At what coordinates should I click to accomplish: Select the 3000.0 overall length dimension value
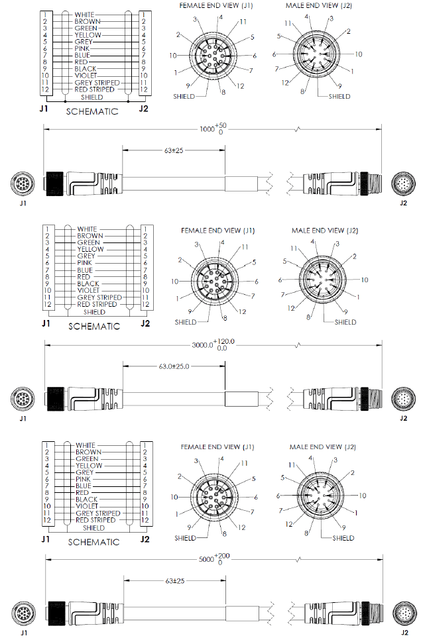pyautogui.click(x=202, y=345)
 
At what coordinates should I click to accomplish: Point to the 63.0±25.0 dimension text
pyautogui.click(x=170, y=366)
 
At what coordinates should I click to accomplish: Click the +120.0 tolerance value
pyautogui.click(x=226, y=341)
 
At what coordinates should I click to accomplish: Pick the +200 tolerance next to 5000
pyautogui.click(x=222, y=555)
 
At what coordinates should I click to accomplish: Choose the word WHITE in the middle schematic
pyautogui.click(x=86, y=229)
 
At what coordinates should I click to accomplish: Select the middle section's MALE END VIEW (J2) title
pyautogui.click(x=325, y=231)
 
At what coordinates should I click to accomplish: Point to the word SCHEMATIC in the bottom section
pyautogui.click(x=94, y=542)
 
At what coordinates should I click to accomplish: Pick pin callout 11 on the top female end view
pyautogui.click(x=243, y=22)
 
